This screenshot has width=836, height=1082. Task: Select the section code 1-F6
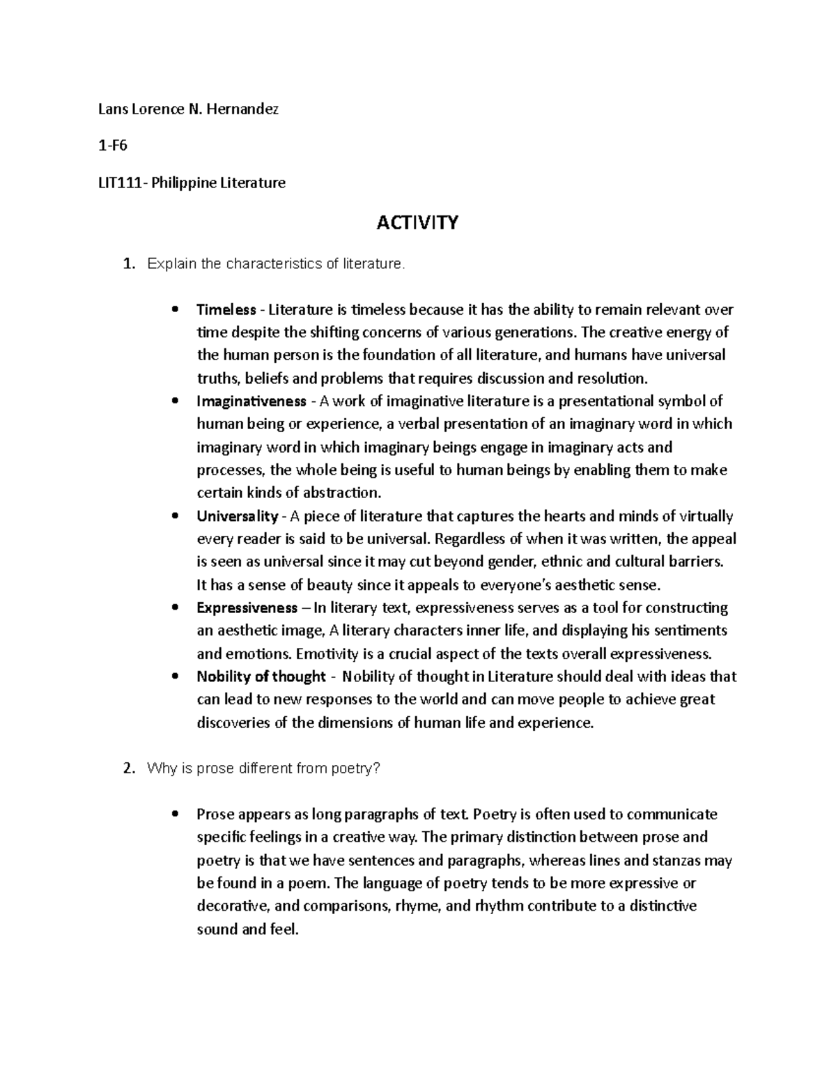click(x=113, y=146)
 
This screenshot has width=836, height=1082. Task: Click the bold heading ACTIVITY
click(x=417, y=223)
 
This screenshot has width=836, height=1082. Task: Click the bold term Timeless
click(x=226, y=309)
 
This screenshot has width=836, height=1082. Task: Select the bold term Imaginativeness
click(x=251, y=401)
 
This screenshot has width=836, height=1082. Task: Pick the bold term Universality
click(x=237, y=516)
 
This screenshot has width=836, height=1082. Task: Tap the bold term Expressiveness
click(x=247, y=608)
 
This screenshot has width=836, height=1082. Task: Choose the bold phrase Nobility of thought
click(x=261, y=677)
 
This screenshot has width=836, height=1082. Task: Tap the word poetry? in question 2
click(x=357, y=768)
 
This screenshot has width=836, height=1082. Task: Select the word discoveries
click(x=233, y=722)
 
